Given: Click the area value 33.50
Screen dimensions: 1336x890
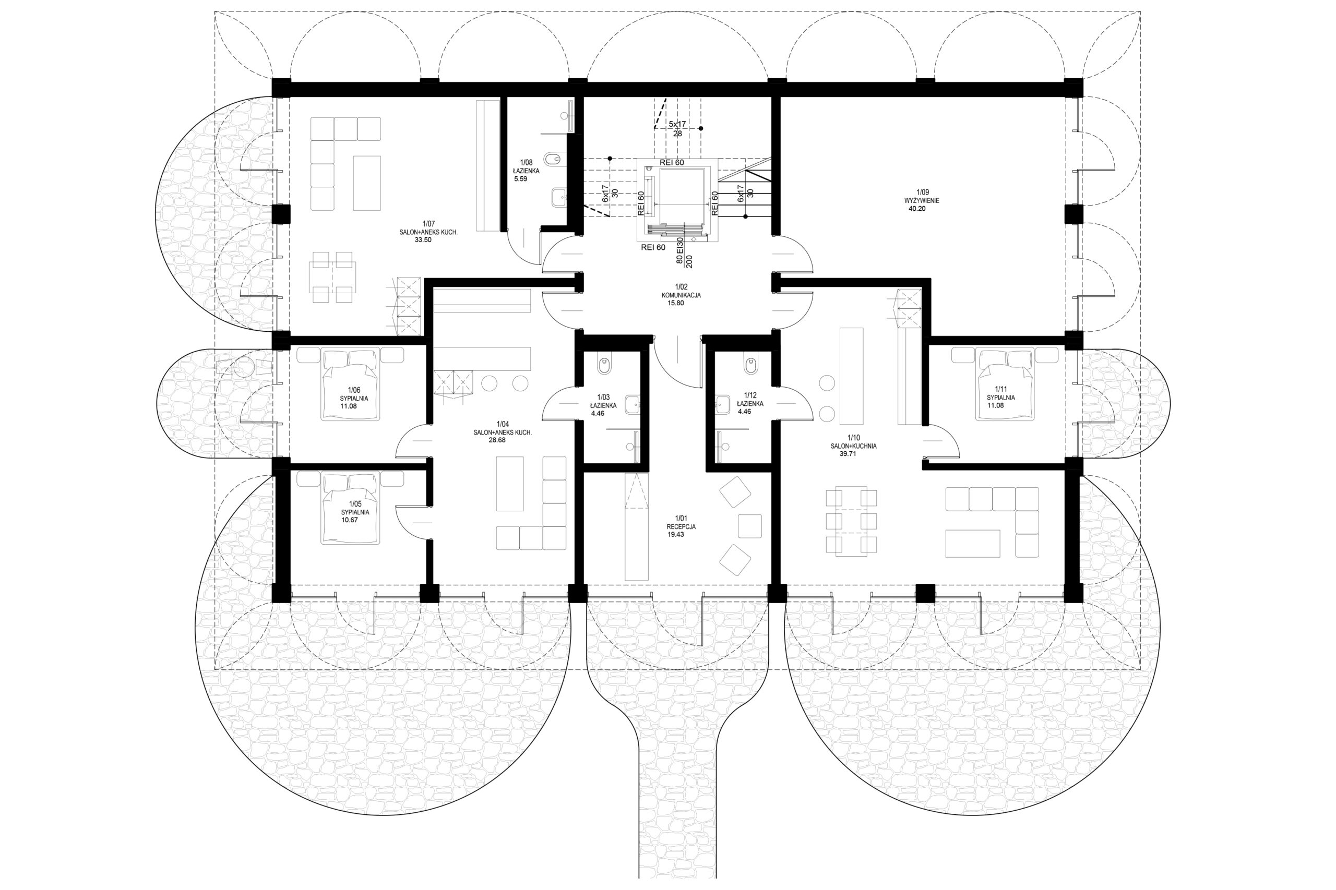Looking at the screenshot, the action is pos(423,240).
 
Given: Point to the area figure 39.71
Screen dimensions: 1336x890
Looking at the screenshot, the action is pos(848,453).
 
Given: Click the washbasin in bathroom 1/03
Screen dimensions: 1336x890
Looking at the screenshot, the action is pos(632,405).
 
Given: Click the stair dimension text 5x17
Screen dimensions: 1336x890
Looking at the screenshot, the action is pos(677,124).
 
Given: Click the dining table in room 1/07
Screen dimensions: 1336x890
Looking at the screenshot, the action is pos(333,278).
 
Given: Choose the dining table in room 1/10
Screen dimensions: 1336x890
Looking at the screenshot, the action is pos(851,521).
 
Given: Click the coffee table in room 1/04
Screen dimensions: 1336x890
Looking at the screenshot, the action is pos(510,484).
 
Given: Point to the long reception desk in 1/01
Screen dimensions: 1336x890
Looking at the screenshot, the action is pos(637,526).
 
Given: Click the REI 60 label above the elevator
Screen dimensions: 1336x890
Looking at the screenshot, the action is pos(672,162).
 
